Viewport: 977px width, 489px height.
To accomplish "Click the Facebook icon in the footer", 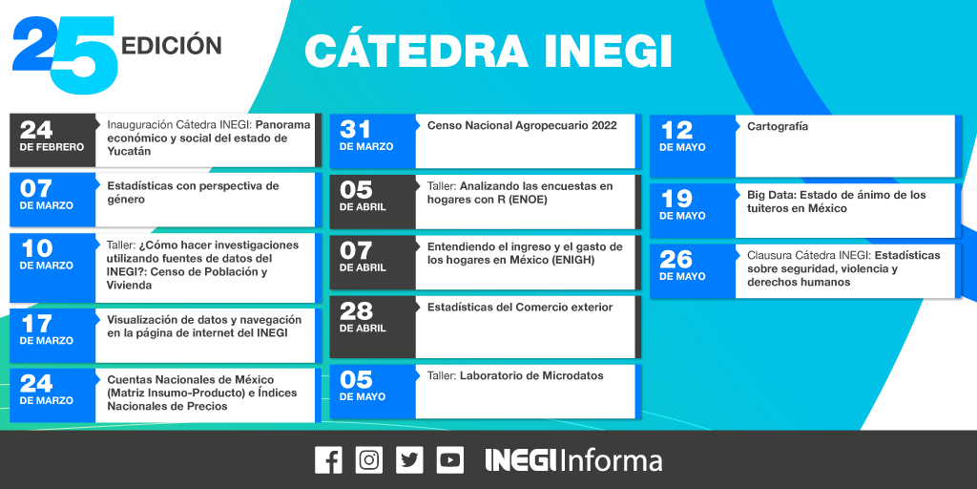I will (x=328, y=460).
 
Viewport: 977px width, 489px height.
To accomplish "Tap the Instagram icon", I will (x=368, y=460).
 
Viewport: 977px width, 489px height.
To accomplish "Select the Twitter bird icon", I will (x=409, y=460).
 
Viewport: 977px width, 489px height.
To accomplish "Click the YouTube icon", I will (x=450, y=460).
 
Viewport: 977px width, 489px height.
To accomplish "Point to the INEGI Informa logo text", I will (x=573, y=460).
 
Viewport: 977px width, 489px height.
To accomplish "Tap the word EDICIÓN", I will (x=173, y=45).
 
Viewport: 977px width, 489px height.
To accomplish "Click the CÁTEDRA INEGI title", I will (x=488, y=52).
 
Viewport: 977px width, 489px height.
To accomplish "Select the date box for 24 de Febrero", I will (x=52, y=139).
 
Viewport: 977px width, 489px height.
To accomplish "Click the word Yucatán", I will (x=129, y=152).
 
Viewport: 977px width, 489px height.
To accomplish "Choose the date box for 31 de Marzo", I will (x=372, y=139).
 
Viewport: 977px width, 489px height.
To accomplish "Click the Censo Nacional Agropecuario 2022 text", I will (x=522, y=125).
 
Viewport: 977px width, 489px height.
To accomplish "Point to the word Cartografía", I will (x=778, y=126).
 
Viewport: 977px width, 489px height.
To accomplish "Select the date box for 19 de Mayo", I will (x=692, y=208).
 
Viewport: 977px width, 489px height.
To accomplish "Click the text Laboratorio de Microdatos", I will (x=531, y=376).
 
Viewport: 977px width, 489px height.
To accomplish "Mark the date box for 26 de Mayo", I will (x=692, y=268).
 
